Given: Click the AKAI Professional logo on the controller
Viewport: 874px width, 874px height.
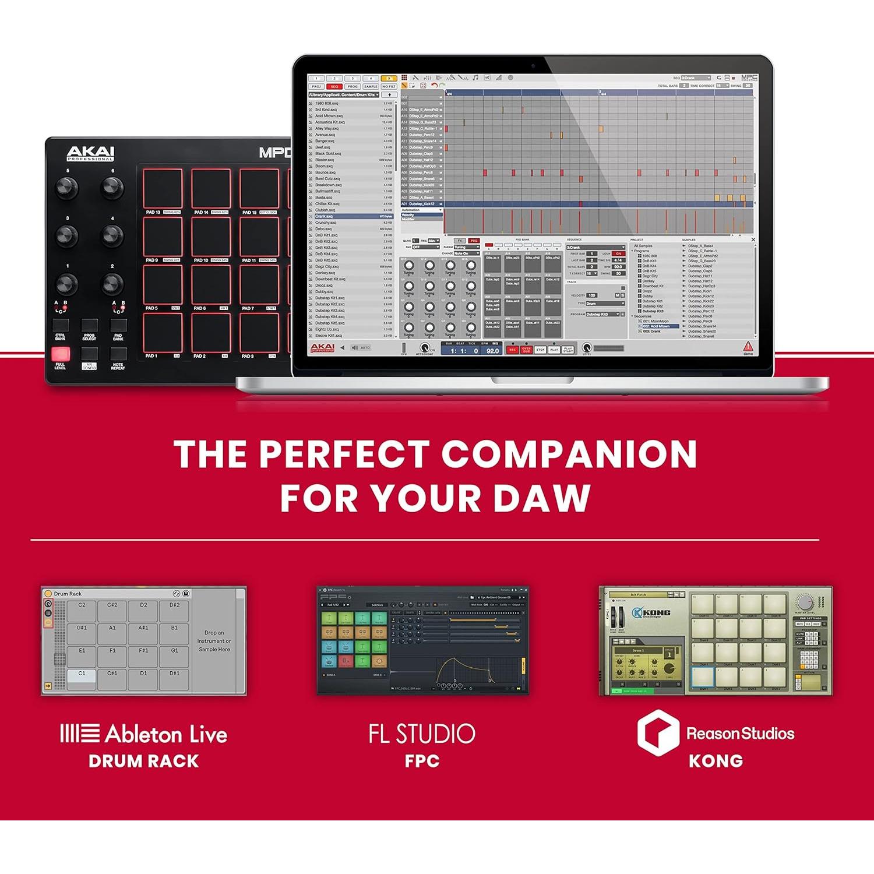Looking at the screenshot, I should (90, 153).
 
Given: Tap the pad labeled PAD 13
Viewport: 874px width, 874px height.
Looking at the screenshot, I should (163, 188).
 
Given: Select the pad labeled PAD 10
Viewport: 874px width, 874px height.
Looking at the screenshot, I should (210, 236).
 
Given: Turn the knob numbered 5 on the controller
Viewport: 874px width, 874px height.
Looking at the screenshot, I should (66, 188).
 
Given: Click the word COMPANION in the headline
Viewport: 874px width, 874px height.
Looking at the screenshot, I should (569, 454).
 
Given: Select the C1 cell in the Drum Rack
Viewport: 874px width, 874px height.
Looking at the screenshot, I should (82, 678).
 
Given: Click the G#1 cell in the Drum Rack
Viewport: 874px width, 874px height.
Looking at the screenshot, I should (82, 632).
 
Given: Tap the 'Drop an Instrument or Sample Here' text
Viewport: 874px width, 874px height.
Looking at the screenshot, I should (214, 641).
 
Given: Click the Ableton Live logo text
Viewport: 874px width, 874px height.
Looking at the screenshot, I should (144, 734).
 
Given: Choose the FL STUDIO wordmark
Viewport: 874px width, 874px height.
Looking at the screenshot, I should (422, 734).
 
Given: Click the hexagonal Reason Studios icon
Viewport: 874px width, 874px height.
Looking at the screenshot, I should (658, 732).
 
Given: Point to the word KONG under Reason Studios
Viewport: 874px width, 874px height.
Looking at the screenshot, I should (716, 761).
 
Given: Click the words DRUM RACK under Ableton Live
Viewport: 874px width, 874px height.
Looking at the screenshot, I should (144, 761).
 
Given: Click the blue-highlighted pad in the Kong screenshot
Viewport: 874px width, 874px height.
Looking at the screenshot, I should (703, 677).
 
